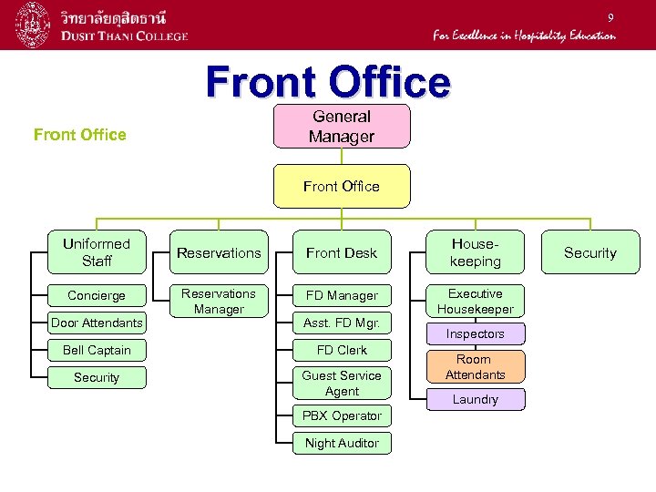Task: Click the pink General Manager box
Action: point(342,126)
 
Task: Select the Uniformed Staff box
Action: point(97,252)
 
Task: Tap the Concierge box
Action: point(97,295)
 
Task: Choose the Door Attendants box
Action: point(97,323)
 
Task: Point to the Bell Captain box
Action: point(97,350)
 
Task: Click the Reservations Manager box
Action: point(219,302)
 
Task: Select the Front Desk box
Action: point(342,252)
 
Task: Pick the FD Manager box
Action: point(342,295)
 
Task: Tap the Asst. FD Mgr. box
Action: point(342,323)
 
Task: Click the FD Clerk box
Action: point(342,350)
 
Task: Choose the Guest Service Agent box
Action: point(342,383)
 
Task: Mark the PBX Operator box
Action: point(342,415)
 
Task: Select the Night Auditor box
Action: point(342,443)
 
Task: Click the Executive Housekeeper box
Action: point(475,302)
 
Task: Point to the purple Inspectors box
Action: point(475,334)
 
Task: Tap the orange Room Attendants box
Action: point(475,366)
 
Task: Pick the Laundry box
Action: point(475,399)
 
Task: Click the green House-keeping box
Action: point(475,252)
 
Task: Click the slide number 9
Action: point(611,17)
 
